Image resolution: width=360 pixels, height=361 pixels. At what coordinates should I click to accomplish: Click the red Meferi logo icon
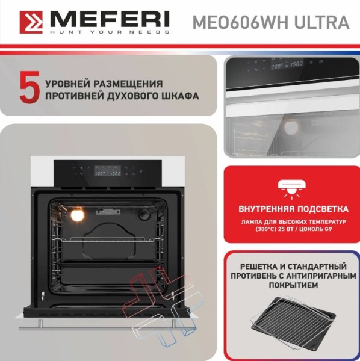coord(31,22)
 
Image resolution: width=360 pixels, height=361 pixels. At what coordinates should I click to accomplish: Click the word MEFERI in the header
coord(110,19)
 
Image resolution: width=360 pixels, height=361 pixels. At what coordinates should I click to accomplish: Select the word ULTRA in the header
coord(321,23)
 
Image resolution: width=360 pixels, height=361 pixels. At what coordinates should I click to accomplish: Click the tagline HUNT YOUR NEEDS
coord(110,32)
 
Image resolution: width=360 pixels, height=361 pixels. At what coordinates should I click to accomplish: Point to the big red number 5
coord(29,87)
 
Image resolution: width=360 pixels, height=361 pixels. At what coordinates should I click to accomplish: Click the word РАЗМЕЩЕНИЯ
coord(128,84)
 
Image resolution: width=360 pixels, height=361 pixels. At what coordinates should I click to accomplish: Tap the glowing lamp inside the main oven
coord(77,215)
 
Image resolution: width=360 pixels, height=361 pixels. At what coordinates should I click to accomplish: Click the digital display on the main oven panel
coord(107,171)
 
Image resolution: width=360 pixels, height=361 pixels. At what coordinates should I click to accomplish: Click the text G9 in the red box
coord(328,229)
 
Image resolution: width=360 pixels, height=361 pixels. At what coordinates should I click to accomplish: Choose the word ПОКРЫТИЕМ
coord(293,285)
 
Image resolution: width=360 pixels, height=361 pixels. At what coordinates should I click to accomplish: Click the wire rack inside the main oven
coord(107,239)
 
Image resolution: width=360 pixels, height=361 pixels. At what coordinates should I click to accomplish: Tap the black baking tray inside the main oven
coord(107,272)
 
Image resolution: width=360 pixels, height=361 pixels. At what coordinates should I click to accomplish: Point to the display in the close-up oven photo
coord(287,64)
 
